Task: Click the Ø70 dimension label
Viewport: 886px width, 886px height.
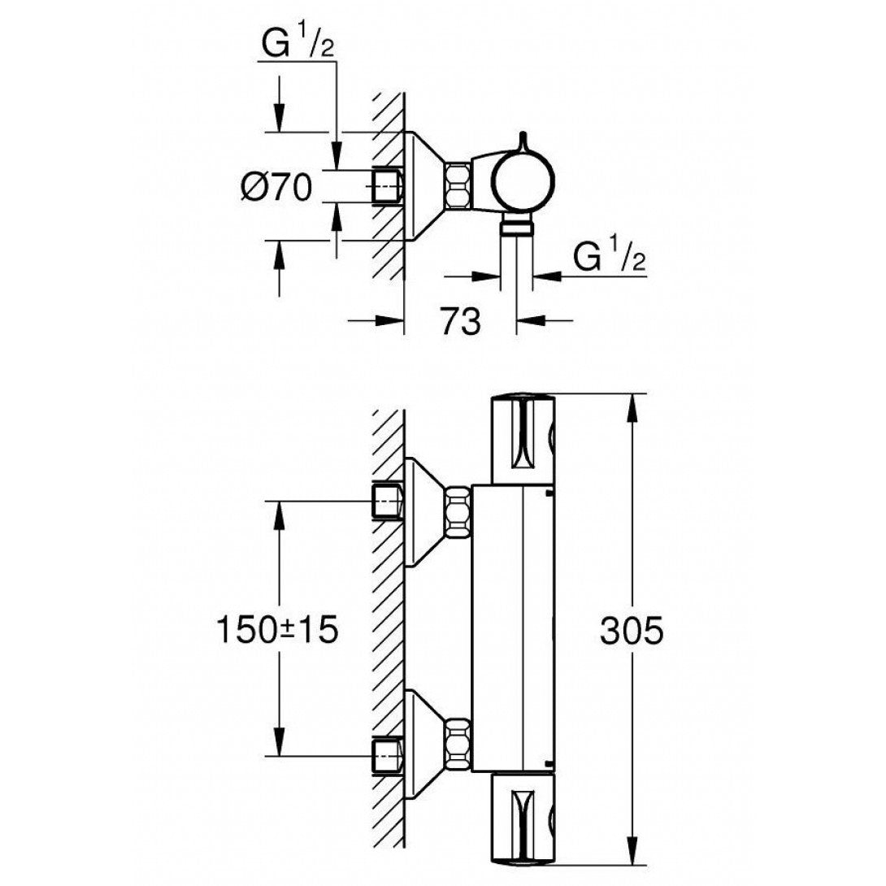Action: pyautogui.click(x=276, y=188)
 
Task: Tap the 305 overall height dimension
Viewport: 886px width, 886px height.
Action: pyautogui.click(x=632, y=630)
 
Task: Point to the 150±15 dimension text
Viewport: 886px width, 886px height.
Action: pyautogui.click(x=276, y=630)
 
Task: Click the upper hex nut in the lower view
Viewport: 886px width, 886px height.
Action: pyautogui.click(x=458, y=513)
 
